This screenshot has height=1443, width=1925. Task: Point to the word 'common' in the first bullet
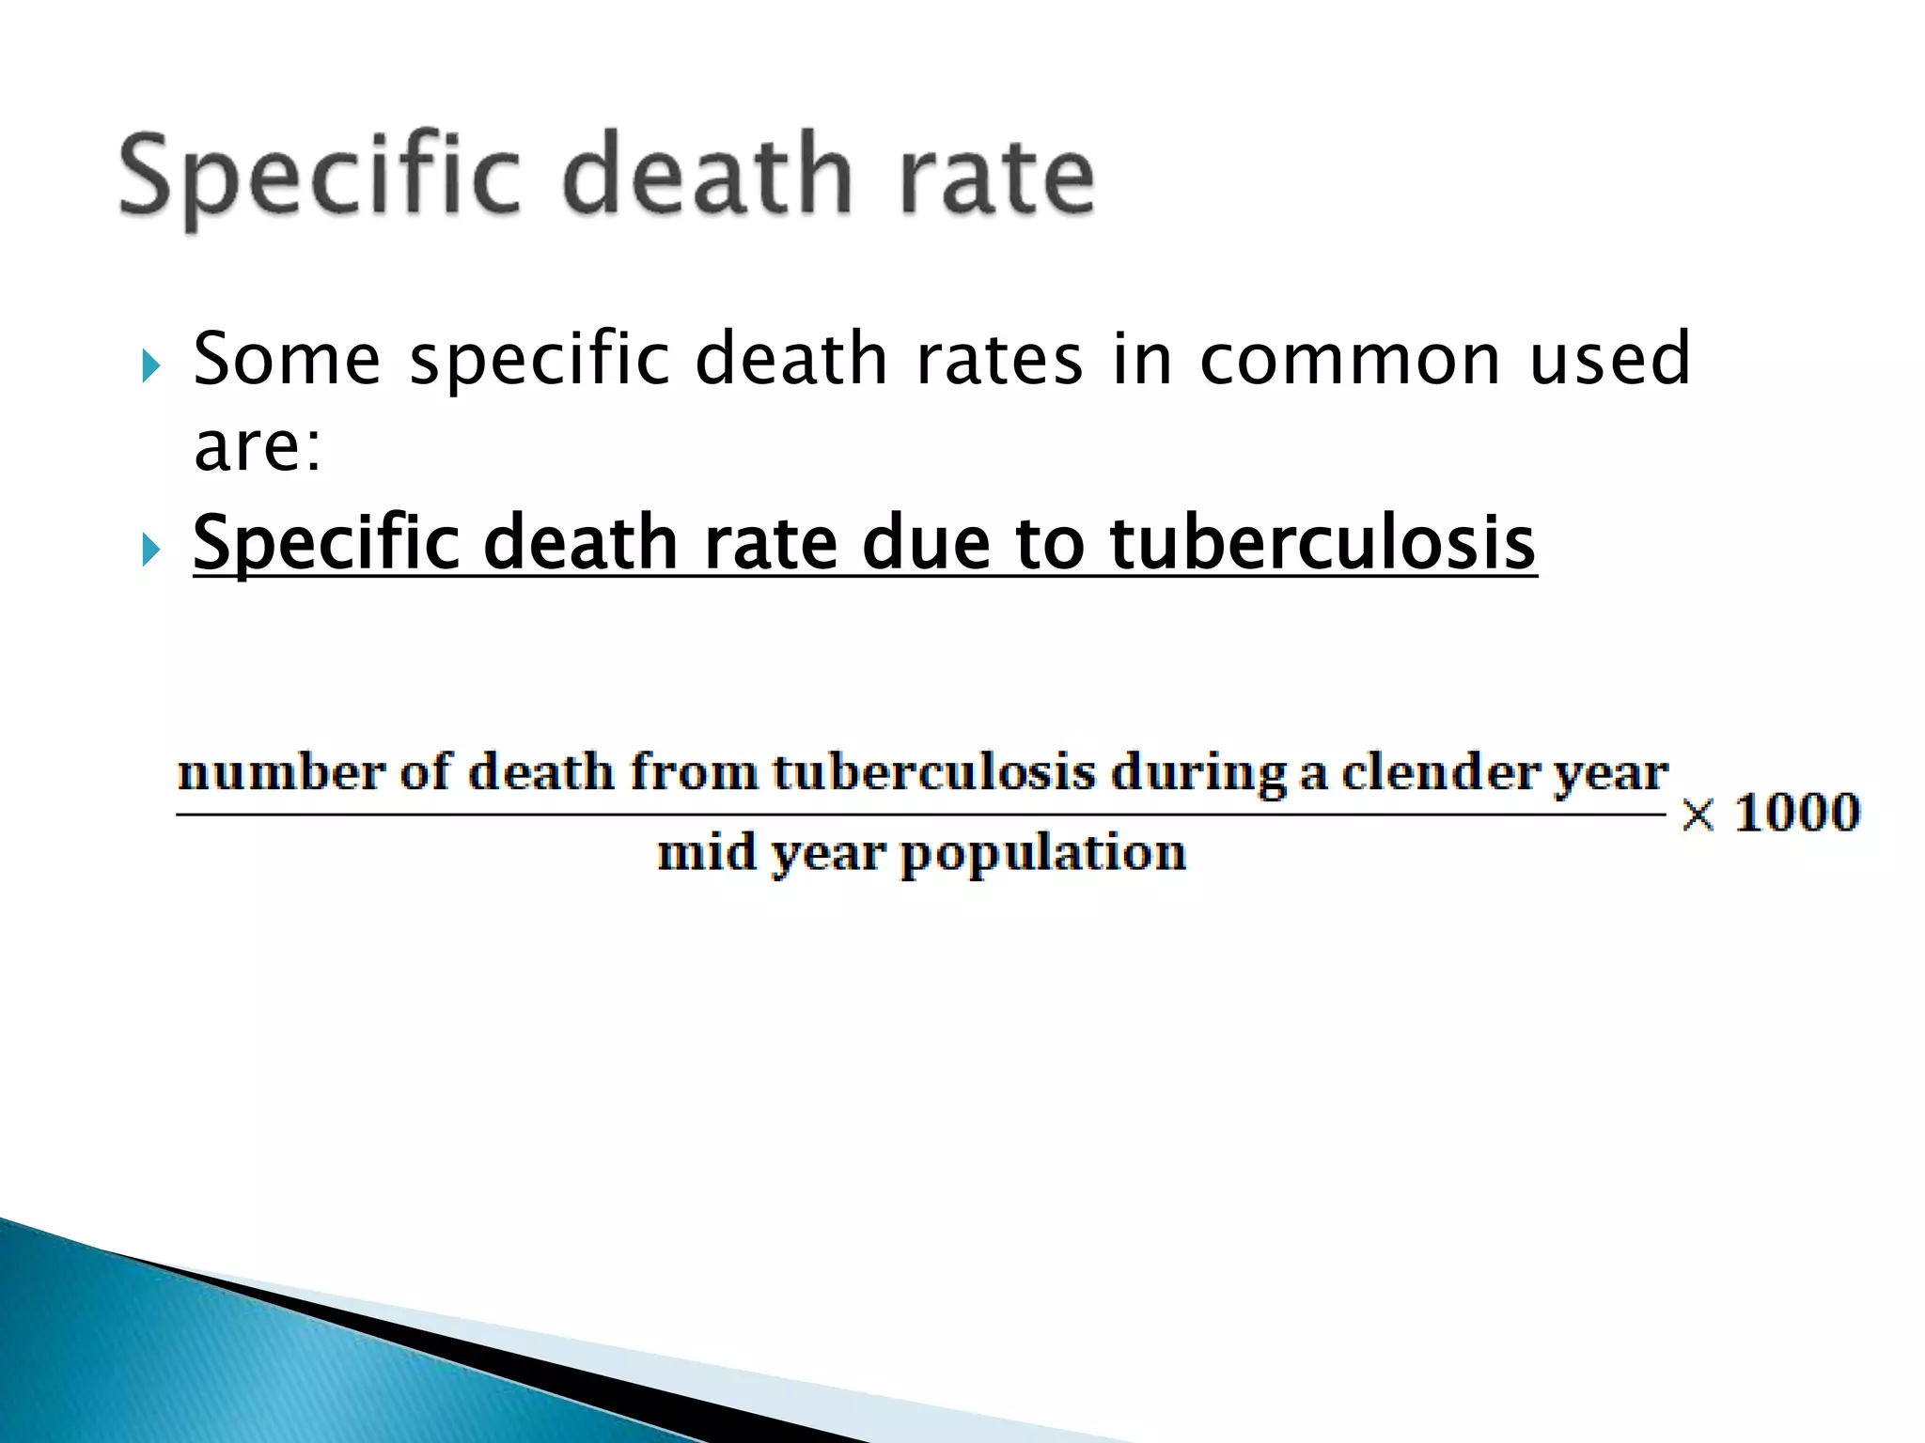point(1350,359)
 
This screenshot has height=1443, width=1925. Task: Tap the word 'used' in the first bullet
point(1610,359)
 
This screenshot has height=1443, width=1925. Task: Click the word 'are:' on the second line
point(258,446)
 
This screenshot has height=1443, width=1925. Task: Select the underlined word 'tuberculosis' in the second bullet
point(1322,543)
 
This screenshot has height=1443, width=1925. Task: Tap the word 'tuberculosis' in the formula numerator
point(934,773)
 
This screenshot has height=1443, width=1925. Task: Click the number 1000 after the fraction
point(1797,813)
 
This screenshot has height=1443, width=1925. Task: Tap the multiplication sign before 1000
point(1698,815)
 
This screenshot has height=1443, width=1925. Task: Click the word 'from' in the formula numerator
point(694,773)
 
